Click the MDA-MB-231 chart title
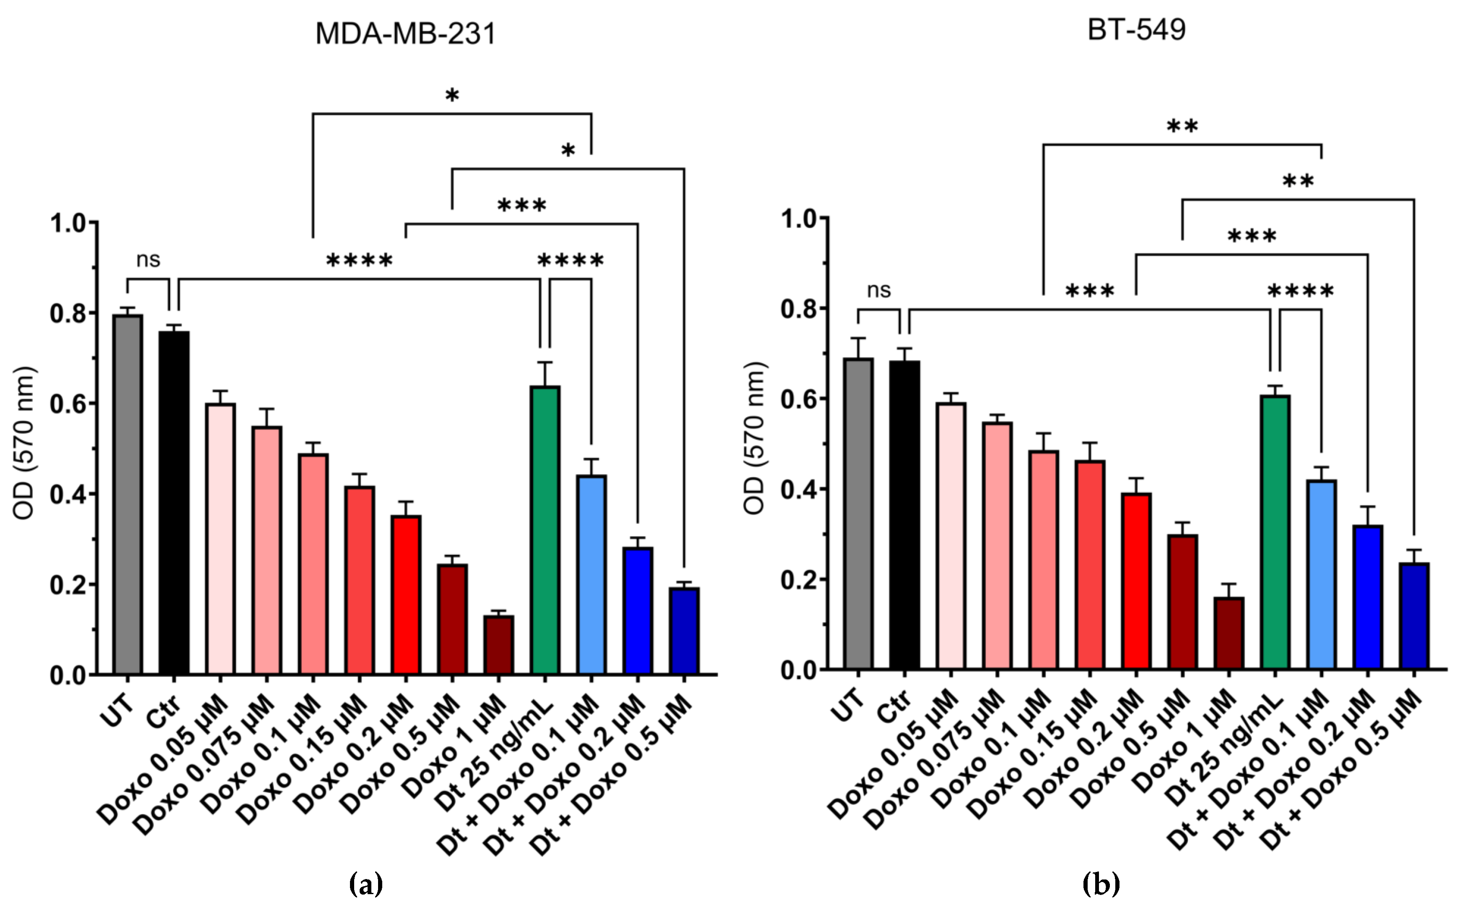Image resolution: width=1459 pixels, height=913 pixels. point(405,34)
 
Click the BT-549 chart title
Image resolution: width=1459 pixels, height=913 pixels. point(1137,30)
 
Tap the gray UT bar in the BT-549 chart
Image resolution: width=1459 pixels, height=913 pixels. point(858,513)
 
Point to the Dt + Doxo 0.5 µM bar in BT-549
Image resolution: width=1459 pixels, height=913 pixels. point(1414,616)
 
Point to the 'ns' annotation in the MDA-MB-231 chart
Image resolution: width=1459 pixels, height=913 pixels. point(148,260)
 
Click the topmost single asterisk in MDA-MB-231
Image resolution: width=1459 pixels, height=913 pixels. point(452,96)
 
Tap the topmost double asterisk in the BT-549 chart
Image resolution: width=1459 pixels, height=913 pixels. point(1182,127)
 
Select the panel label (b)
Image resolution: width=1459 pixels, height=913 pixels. point(1101,885)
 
